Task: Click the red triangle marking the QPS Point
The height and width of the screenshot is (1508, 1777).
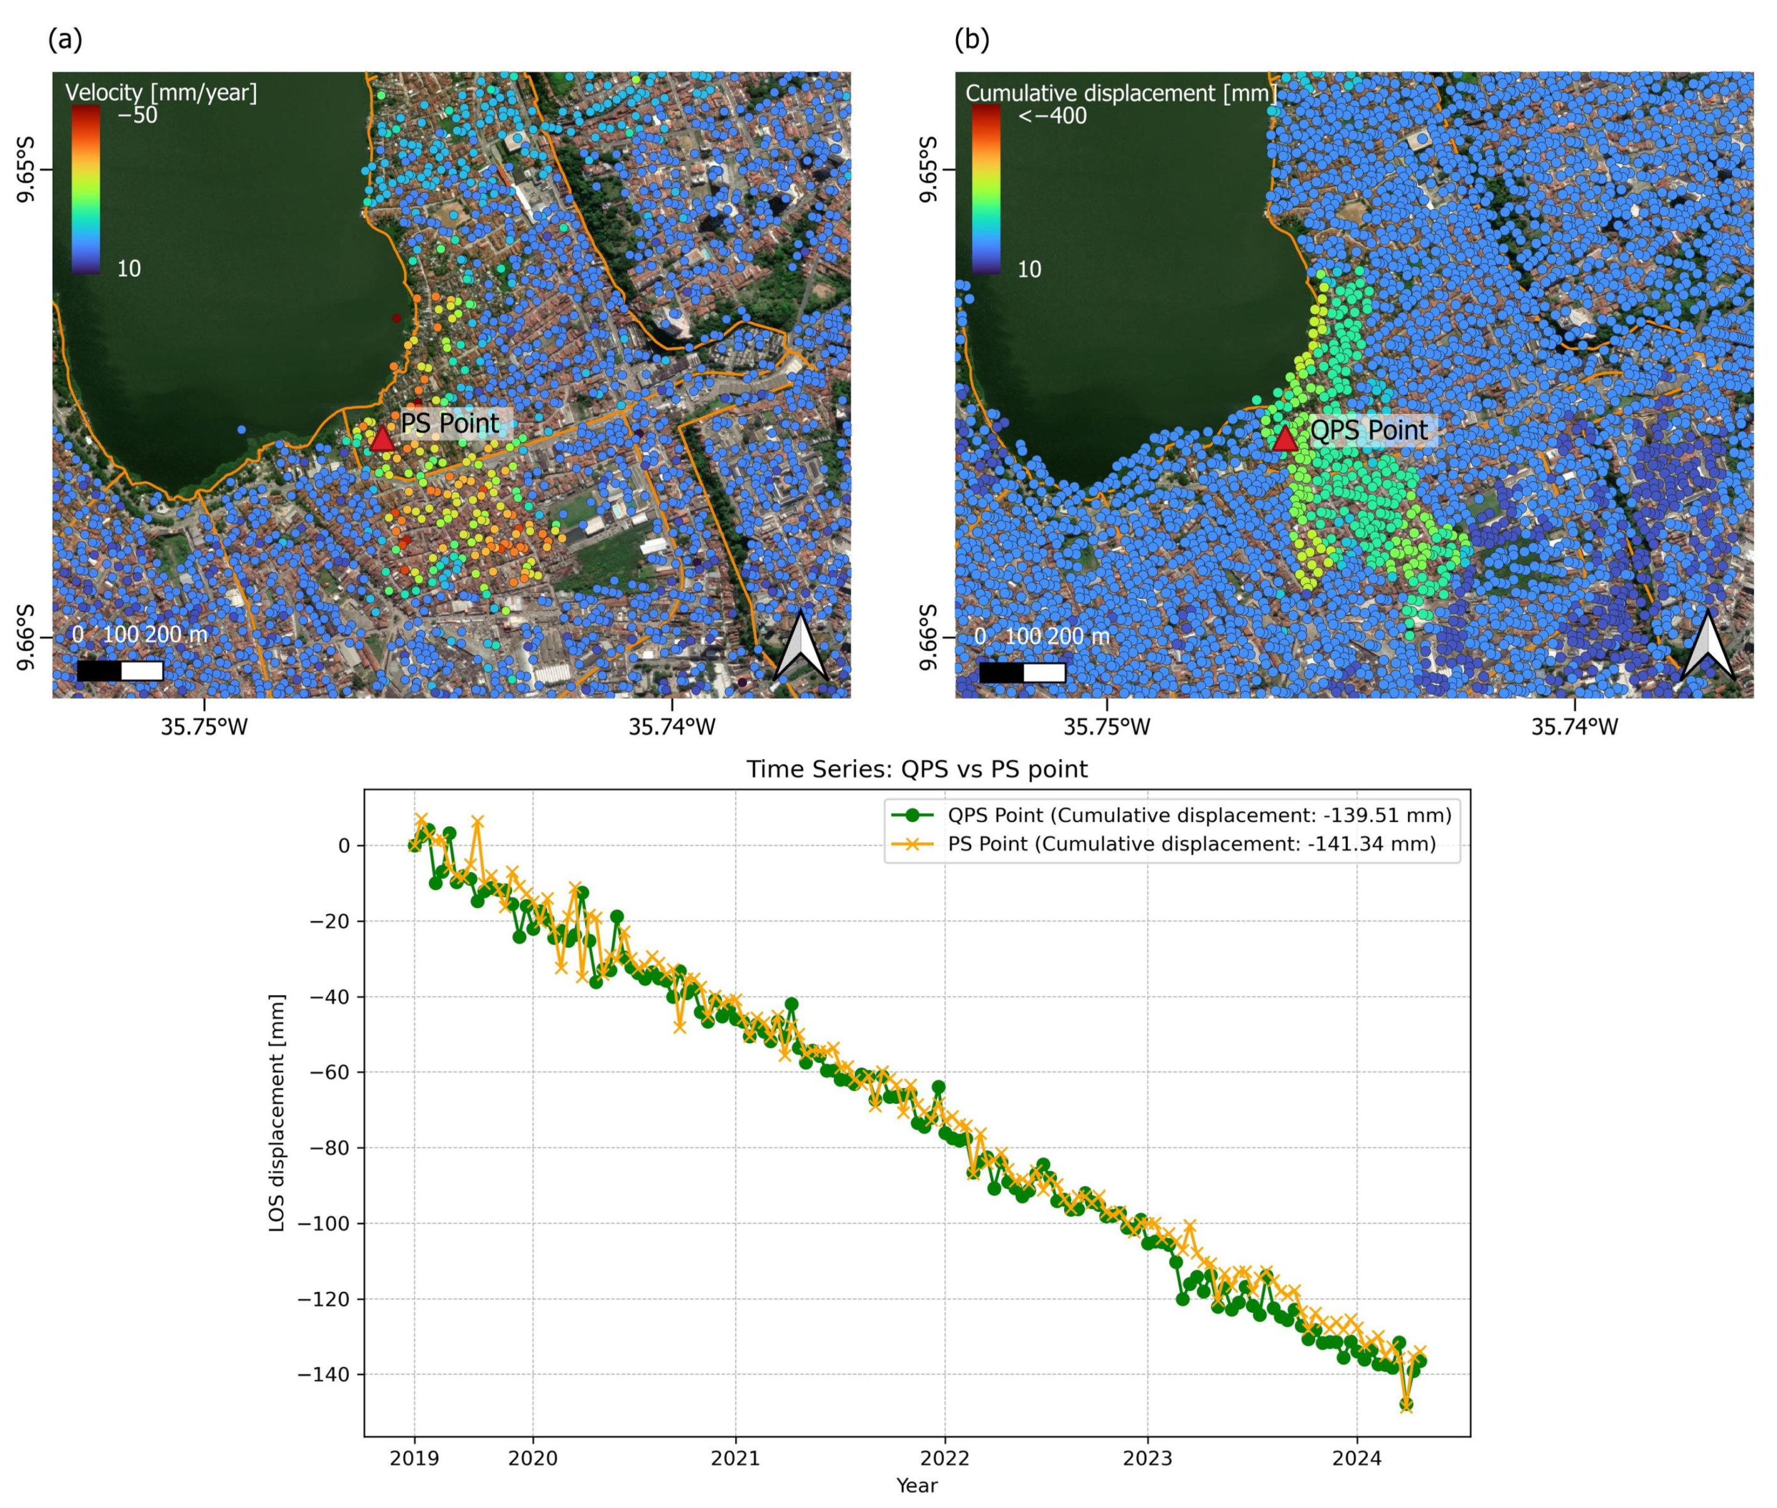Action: [1284, 439]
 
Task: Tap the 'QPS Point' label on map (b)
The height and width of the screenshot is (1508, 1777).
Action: [1368, 430]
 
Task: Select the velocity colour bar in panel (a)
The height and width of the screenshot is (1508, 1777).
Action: [85, 190]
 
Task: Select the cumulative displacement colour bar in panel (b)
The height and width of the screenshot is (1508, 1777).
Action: [986, 190]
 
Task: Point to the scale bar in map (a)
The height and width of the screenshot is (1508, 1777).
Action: [120, 671]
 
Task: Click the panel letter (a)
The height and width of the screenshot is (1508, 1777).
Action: [65, 40]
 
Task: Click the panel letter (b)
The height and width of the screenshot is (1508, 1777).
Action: [971, 40]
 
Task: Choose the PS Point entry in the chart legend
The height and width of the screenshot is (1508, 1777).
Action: [1191, 844]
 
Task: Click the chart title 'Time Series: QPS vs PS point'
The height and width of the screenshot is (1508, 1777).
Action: [917, 770]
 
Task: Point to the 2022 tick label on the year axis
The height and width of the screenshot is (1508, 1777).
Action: [945, 1458]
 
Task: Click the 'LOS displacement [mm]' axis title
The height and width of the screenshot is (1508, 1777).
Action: [276, 1112]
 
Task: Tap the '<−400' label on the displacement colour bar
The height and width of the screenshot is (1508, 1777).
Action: [1052, 116]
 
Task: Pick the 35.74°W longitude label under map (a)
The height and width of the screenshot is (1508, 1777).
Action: [672, 726]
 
